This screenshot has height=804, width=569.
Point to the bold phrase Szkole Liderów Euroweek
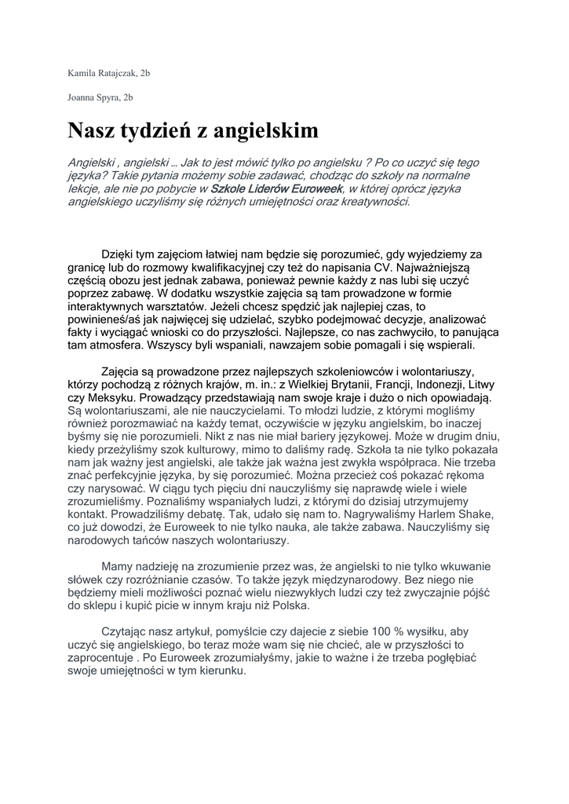click(x=276, y=189)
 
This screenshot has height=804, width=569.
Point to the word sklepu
click(x=104, y=605)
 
